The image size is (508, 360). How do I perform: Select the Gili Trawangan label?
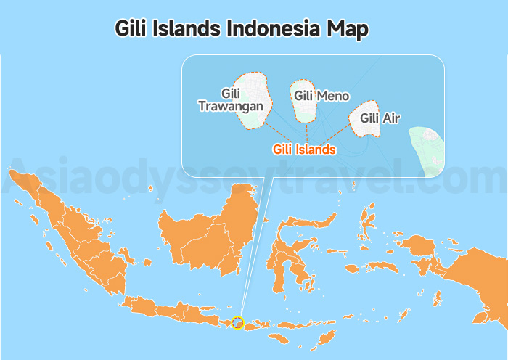click(232, 100)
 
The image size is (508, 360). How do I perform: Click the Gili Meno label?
click(321, 96)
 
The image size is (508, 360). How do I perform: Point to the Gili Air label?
click(380, 118)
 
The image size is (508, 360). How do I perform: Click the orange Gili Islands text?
click(304, 150)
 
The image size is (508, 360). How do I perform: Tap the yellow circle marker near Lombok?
click(237, 322)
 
